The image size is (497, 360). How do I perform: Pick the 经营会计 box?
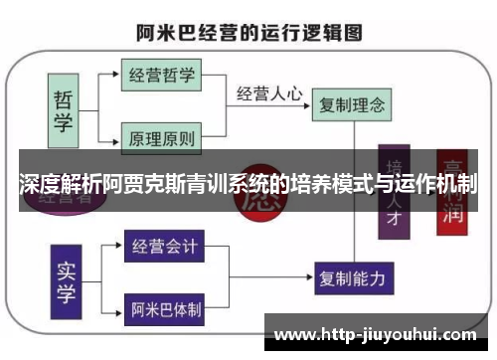(164, 244)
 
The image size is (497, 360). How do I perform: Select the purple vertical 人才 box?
(396, 194)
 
